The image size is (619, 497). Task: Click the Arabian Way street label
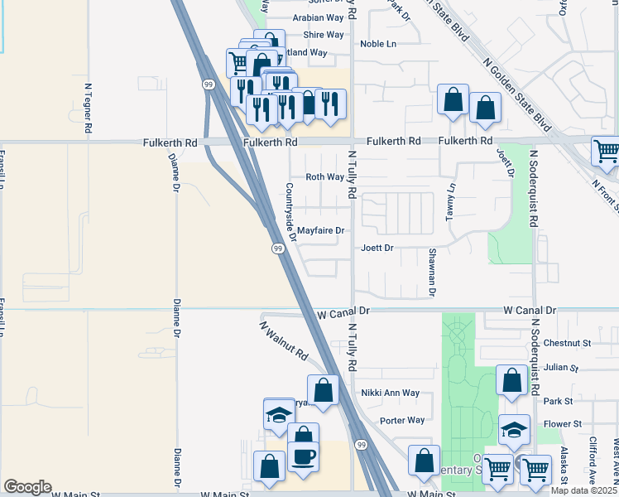click(x=318, y=17)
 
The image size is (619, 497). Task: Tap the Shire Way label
click(x=324, y=35)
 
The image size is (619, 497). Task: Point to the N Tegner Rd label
click(x=87, y=107)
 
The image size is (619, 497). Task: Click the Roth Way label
click(x=324, y=177)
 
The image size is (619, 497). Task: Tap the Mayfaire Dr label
click(x=320, y=230)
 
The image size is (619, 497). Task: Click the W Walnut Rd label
click(x=285, y=340)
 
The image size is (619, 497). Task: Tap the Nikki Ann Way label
click(x=390, y=393)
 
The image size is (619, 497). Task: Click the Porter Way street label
click(x=402, y=420)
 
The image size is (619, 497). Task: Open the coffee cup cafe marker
click(x=303, y=456)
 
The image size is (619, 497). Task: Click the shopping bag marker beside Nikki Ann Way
click(x=323, y=389)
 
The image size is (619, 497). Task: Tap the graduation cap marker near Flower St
click(x=514, y=429)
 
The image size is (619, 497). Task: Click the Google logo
click(x=28, y=487)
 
